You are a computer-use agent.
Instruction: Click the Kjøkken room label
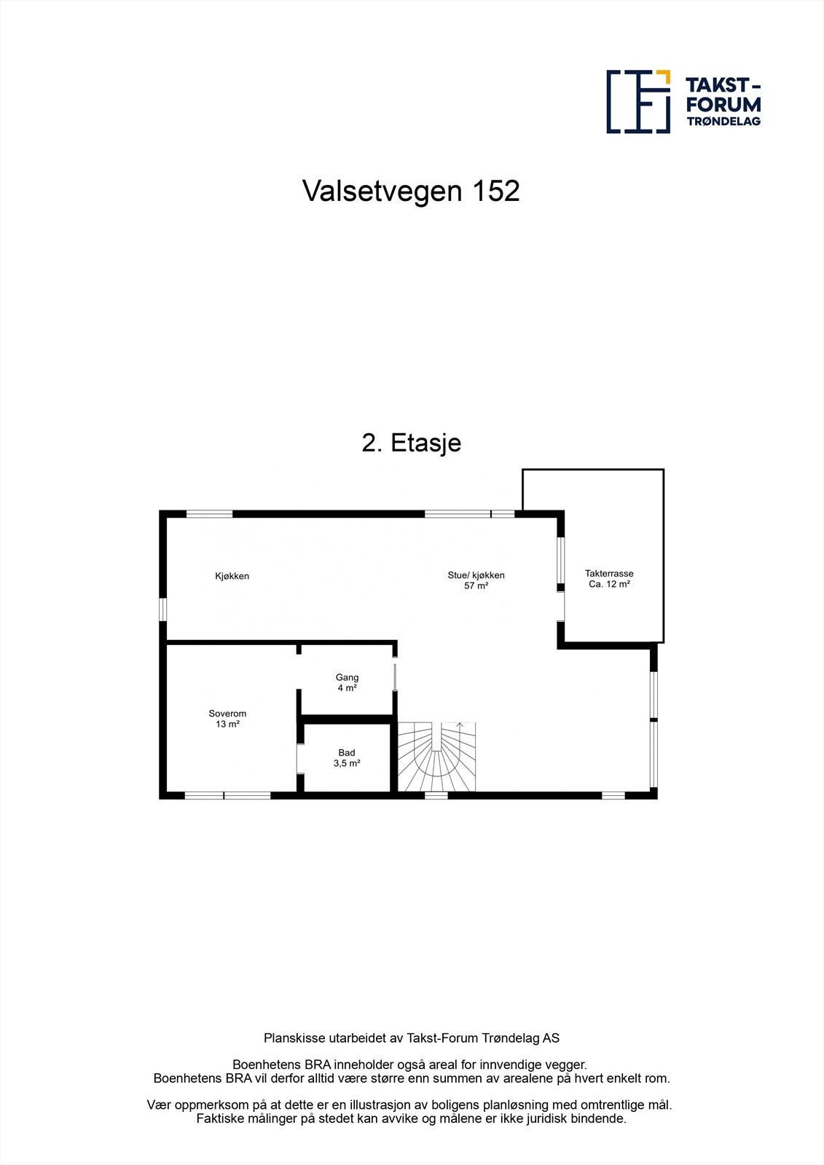click(232, 576)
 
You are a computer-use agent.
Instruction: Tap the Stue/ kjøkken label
click(476, 575)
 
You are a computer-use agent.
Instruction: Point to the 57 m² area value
click(476, 586)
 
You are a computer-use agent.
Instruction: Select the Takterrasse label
click(609, 574)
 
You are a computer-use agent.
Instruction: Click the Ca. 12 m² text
click(609, 585)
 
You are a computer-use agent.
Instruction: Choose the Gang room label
click(347, 677)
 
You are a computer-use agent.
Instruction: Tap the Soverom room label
click(227, 714)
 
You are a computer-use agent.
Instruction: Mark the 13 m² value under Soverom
click(227, 724)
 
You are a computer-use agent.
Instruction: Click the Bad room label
click(347, 753)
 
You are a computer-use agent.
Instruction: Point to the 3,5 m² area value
click(347, 764)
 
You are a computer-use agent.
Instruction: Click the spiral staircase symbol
click(436, 757)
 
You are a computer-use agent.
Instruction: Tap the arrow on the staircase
click(459, 726)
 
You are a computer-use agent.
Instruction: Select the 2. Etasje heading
click(412, 443)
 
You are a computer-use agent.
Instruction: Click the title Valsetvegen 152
click(411, 191)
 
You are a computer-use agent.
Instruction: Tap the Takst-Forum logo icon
click(638, 102)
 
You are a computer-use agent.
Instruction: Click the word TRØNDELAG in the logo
click(723, 122)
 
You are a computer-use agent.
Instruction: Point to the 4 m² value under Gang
click(347, 688)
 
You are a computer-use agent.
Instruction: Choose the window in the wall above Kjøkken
click(209, 514)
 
